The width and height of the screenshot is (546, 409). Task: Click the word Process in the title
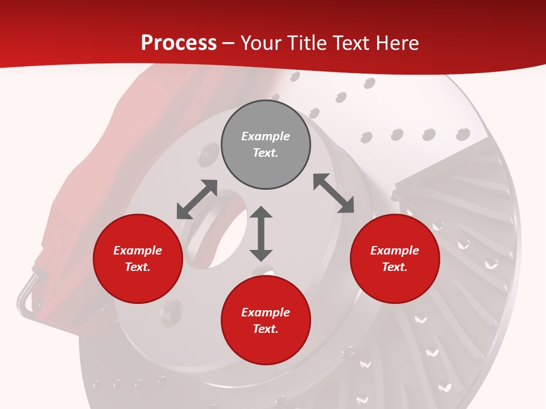pyautogui.click(x=179, y=43)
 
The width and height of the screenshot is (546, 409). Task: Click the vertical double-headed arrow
pyautogui.click(x=261, y=233)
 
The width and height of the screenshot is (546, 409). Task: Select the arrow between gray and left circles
pyautogui.click(x=197, y=199)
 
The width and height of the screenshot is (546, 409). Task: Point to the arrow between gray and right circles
pyautogui.click(x=333, y=194)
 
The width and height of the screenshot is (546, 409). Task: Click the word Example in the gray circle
pyautogui.click(x=266, y=136)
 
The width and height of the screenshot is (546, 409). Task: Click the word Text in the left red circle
pyautogui.click(x=138, y=267)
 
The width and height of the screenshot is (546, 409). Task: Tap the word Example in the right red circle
pyautogui.click(x=395, y=251)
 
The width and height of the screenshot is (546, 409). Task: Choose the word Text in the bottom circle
pyautogui.click(x=266, y=329)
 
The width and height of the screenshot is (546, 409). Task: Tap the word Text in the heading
pyautogui.click(x=353, y=43)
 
